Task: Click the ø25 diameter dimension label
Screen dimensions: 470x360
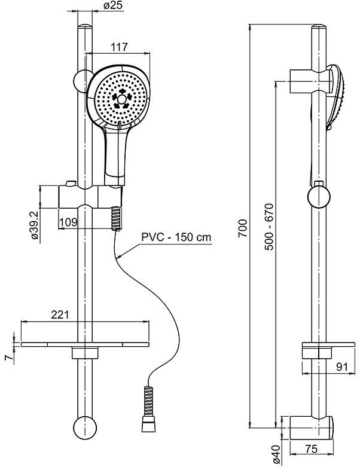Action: click(x=113, y=6)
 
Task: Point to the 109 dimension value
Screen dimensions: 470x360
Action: click(x=69, y=222)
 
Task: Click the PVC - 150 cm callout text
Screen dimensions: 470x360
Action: click(x=176, y=237)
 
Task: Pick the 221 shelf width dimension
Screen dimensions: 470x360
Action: click(x=60, y=315)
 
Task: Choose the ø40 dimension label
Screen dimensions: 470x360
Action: click(x=276, y=453)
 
